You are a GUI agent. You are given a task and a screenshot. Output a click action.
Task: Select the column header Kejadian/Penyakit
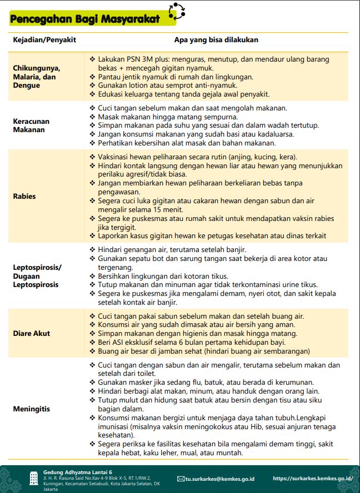44,40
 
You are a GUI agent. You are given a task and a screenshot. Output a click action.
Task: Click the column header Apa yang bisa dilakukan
216,40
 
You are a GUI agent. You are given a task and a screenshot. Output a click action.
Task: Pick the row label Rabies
24,196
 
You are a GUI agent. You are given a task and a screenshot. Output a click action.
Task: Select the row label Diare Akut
32,334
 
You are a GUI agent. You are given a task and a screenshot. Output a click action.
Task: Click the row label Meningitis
32,409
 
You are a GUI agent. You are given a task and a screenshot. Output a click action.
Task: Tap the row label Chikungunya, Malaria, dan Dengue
37,77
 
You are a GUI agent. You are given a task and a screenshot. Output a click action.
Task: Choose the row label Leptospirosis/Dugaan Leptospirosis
37,276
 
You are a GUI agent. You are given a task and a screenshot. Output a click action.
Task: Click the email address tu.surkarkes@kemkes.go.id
219,478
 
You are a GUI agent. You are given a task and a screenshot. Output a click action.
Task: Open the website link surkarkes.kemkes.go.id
313,478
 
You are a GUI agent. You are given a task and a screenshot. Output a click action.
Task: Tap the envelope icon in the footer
181,479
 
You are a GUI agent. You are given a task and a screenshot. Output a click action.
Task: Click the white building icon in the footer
33,477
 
